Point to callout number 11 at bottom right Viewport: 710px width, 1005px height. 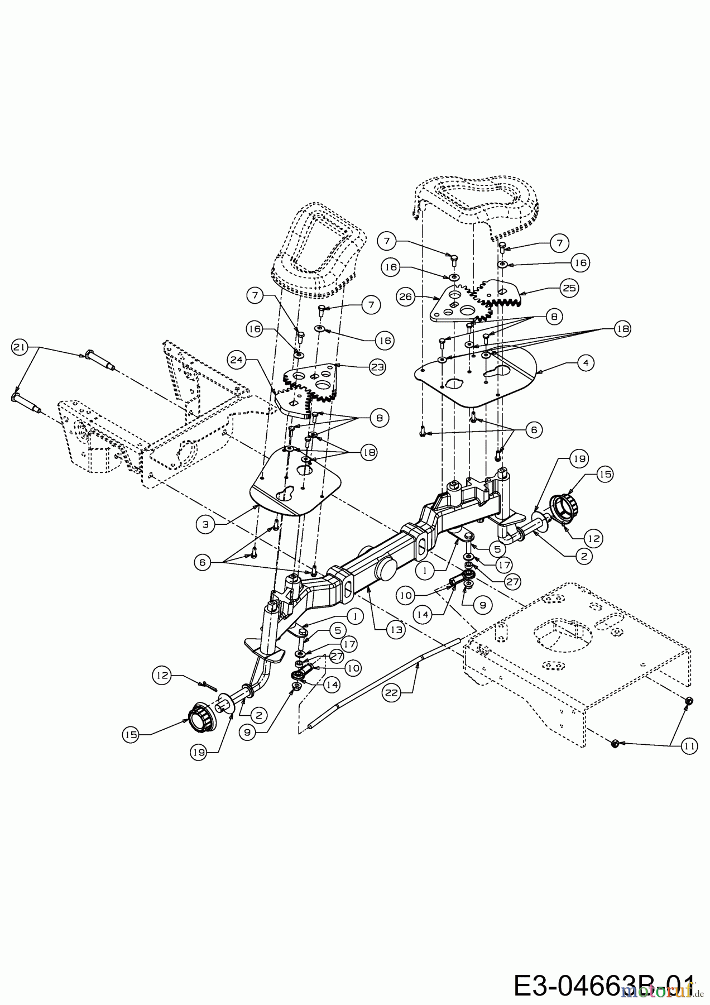[690, 745]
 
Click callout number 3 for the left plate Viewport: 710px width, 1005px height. [205, 524]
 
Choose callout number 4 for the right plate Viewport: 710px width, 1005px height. [586, 363]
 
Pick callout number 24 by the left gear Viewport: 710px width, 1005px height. [237, 361]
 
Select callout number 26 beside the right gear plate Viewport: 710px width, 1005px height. [406, 297]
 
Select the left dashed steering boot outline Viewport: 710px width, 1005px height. [315, 254]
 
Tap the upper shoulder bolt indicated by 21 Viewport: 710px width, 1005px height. [98, 357]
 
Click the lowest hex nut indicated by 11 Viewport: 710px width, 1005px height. [613, 743]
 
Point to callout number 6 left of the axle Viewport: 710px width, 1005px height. [203, 563]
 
